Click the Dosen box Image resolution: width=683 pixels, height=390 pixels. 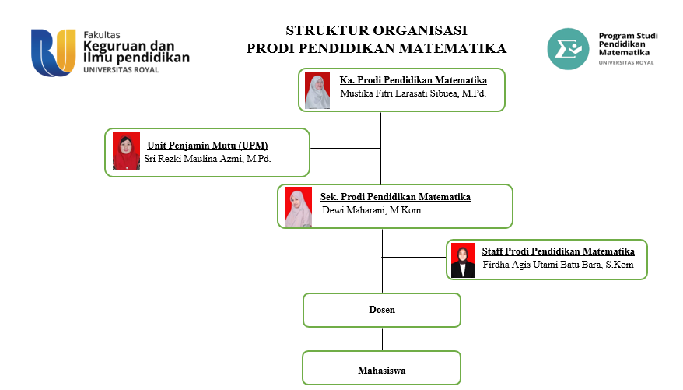click(382, 310)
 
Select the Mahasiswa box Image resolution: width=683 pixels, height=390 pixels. click(382, 368)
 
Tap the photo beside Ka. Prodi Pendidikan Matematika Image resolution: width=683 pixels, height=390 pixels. click(317, 90)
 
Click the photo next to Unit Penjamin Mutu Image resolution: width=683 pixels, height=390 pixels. click(126, 151)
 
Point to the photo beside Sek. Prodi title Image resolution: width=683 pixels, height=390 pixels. click(299, 206)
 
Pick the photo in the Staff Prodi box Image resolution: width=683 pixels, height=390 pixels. click(463, 260)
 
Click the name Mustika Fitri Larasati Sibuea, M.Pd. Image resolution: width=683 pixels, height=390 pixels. click(413, 93)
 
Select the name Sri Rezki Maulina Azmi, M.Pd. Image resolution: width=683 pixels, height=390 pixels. click(208, 159)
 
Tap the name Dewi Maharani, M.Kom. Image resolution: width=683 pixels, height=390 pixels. click(373, 210)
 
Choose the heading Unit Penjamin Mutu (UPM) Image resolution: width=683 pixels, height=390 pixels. click(208, 146)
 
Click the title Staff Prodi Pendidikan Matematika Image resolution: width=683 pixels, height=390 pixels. click(558, 251)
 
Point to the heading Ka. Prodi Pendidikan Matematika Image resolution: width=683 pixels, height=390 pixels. click(413, 80)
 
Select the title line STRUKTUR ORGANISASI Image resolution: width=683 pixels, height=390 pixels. click(377, 30)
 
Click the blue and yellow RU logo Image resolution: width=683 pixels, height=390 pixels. click(54, 53)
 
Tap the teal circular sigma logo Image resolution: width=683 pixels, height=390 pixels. click(568, 49)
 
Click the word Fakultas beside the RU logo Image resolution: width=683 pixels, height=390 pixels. click(102, 35)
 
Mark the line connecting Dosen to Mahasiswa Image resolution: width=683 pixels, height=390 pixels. click(383, 339)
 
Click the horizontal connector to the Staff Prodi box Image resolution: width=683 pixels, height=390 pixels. click(415, 257)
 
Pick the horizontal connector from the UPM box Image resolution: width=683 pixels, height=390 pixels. click(345, 148)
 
